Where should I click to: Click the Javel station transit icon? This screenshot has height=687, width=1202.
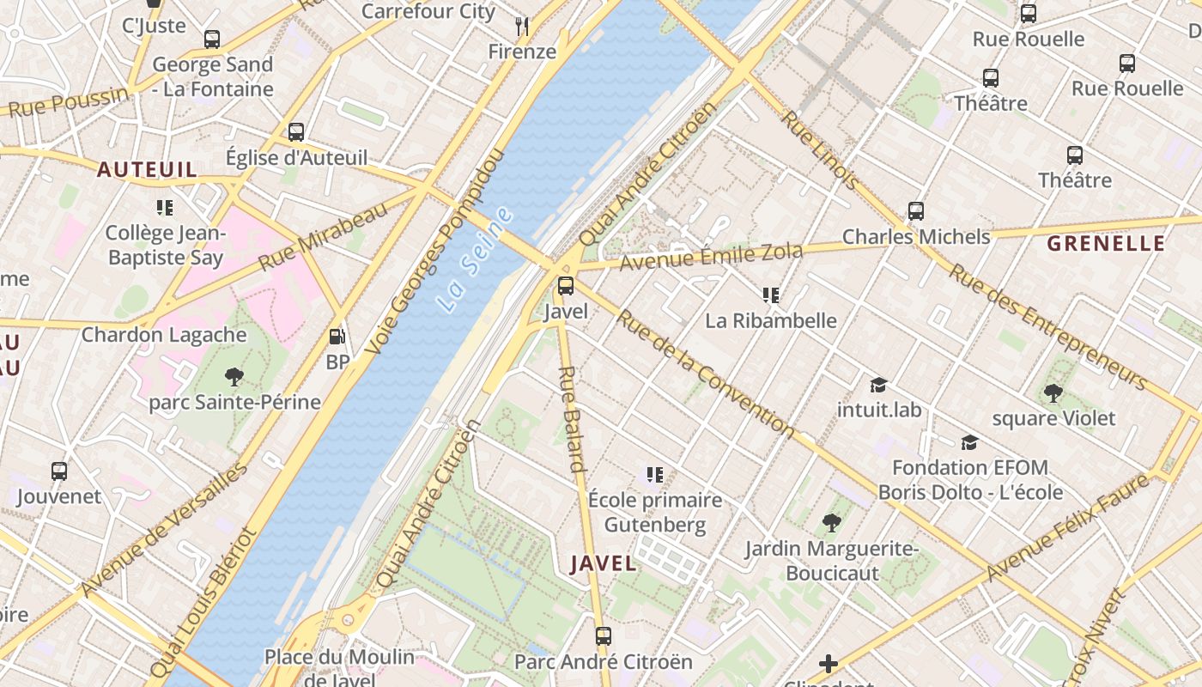566,286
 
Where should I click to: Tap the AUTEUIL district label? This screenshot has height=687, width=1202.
147,169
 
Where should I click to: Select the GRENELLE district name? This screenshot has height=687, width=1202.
1106,243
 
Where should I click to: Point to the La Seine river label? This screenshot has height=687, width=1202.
474,259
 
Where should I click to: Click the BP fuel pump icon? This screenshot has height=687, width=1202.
338,337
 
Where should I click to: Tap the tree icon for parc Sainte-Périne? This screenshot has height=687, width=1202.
234,376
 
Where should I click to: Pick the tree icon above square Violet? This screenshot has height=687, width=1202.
1053,393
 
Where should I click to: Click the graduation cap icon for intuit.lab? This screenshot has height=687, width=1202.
878,385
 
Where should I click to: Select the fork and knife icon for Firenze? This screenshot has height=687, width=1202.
522,27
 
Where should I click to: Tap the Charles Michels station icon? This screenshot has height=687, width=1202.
916,211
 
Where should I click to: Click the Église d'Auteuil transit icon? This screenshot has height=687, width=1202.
296,132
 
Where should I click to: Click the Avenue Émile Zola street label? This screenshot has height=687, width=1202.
711,256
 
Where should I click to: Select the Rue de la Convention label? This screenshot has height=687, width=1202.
706,372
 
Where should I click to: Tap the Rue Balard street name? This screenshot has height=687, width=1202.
571,420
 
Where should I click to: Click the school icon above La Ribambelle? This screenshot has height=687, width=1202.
771,295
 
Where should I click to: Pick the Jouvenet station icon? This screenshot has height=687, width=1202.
59,471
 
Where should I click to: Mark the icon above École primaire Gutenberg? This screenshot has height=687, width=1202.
655,474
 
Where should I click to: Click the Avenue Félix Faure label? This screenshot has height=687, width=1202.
1067,527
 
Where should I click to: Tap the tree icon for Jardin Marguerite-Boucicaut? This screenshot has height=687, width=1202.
831,522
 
